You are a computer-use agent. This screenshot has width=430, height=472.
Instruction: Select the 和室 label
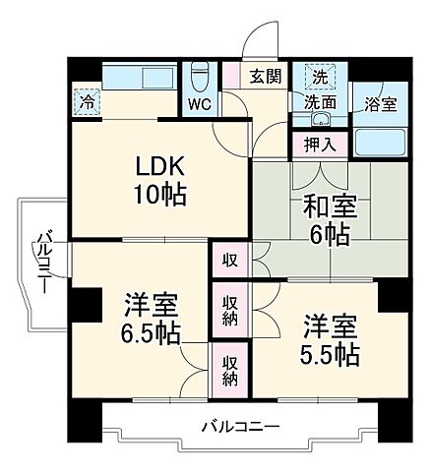tap(317, 207)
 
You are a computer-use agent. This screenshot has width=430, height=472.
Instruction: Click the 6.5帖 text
tap(150, 332)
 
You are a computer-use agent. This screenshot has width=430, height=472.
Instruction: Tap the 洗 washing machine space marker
tap(320, 77)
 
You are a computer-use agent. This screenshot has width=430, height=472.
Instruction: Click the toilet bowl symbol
tap(199, 76)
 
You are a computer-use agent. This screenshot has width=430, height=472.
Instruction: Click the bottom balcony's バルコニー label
tap(241, 427)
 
